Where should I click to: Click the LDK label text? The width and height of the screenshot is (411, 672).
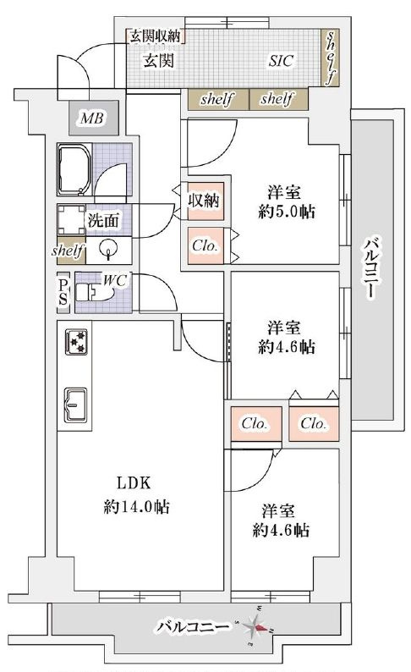pyautogui.click(x=133, y=484)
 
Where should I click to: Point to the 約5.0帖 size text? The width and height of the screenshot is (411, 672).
pyautogui.click(x=288, y=212)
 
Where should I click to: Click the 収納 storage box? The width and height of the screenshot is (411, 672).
pyautogui.click(x=205, y=201)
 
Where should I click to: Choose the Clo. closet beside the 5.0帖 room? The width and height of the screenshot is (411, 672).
pyautogui.click(x=205, y=245)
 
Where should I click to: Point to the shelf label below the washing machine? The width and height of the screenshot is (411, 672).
pyautogui.click(x=67, y=251)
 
